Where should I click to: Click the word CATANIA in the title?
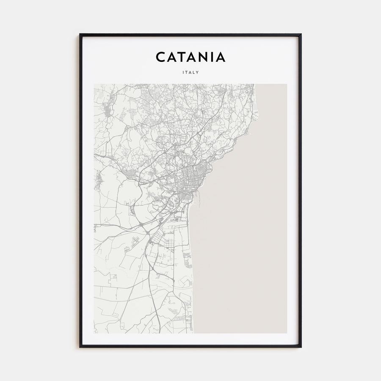tap(190, 57)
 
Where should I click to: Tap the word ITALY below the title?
tap(190, 72)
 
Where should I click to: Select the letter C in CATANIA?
tap(161, 57)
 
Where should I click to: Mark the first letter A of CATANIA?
tap(172, 57)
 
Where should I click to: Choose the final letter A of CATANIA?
tap(221, 57)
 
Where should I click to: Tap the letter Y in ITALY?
tap(198, 72)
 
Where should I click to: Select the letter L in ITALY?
tap(194, 72)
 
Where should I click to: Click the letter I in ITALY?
tap(183, 72)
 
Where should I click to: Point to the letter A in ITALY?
tap(190, 72)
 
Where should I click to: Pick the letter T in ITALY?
tap(186, 72)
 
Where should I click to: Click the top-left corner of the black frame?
tap(80, 34)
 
